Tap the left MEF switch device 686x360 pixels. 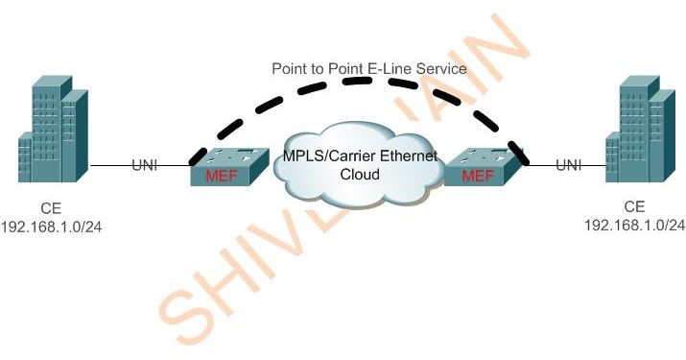click(x=227, y=167)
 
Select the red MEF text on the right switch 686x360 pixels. click(x=477, y=177)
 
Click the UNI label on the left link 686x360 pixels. click(x=144, y=166)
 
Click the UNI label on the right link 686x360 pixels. click(x=569, y=166)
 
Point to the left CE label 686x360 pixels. click(x=55, y=207)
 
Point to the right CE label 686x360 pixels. click(x=634, y=206)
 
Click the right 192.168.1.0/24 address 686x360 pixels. click(x=634, y=224)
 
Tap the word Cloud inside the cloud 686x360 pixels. click(x=360, y=176)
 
